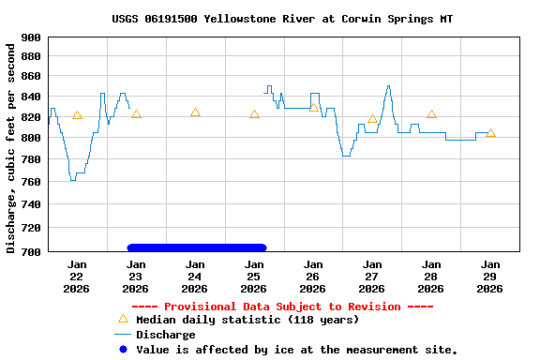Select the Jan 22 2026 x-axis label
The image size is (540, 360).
(77, 276)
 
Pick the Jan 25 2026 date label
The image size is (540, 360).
(254, 276)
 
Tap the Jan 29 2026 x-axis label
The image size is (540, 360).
(490, 276)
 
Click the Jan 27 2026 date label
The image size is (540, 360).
(372, 276)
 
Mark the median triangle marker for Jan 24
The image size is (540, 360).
(195, 112)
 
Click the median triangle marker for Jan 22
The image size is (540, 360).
(77, 115)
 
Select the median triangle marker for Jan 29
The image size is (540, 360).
(490, 133)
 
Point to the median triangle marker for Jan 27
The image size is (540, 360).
(372, 119)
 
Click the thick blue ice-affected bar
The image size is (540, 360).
(197, 247)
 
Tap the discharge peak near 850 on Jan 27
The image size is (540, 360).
(388, 86)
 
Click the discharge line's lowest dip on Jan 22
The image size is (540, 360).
(73, 179)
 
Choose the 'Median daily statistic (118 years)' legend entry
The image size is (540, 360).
(247, 320)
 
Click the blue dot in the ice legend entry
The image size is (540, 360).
(123, 350)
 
